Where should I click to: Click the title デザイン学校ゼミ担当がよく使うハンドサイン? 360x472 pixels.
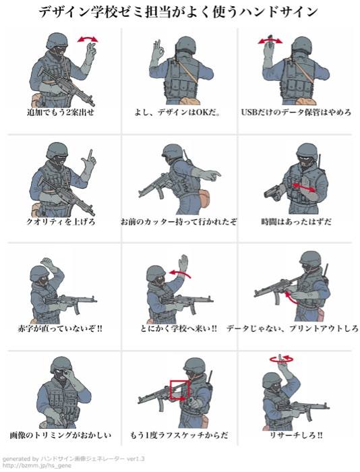pyautogui.click(x=178, y=12)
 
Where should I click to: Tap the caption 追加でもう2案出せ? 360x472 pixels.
pyautogui.click(x=61, y=113)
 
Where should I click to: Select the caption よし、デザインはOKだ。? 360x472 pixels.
pyautogui.click(x=177, y=113)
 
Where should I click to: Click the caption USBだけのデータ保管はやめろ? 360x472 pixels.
pyautogui.click(x=296, y=113)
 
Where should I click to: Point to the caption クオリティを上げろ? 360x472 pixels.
pyautogui.click(x=61, y=222)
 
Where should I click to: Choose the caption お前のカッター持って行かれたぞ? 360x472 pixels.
pyautogui.click(x=179, y=222)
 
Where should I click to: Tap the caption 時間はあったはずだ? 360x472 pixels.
pyautogui.click(x=297, y=222)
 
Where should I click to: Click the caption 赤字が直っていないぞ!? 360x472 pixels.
pyautogui.click(x=60, y=328)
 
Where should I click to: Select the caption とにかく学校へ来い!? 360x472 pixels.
pyautogui.click(x=179, y=328)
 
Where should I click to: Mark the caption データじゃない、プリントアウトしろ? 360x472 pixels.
pyautogui.click(x=293, y=328)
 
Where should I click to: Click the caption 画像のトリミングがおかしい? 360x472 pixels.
pyautogui.click(x=61, y=436)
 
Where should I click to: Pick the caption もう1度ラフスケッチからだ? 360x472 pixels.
pyautogui.click(x=179, y=436)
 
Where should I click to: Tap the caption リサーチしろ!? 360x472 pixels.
pyautogui.click(x=296, y=436)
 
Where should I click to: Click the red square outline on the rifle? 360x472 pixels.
pyautogui.click(x=171, y=390)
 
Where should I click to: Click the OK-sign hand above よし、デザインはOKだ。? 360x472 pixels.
pyautogui.click(x=158, y=50)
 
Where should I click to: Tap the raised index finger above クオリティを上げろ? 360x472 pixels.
pyautogui.click(x=90, y=156)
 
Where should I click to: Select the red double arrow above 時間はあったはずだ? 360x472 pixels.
pyautogui.click(x=304, y=187)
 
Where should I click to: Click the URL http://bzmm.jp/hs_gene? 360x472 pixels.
pyautogui.click(x=36, y=466)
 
